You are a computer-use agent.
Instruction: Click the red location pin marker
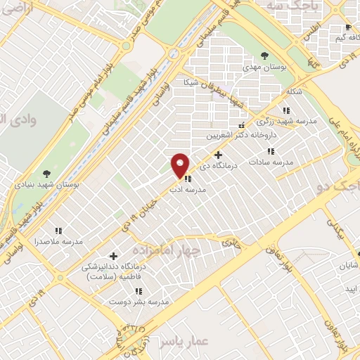pyautogui.click(x=181, y=165)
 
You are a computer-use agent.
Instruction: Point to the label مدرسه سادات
pyautogui.click(x=285, y=162)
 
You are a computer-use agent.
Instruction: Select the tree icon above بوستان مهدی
pyautogui.click(x=264, y=55)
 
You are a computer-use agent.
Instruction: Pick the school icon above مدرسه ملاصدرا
pyautogui.click(x=59, y=230)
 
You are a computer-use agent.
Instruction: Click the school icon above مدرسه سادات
pyautogui.click(x=270, y=151)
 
